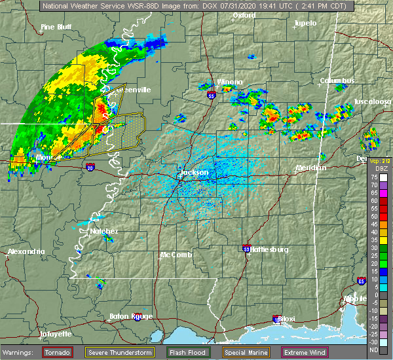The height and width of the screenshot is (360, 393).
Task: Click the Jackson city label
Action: [194, 173]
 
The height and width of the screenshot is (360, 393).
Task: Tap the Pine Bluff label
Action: [56, 27]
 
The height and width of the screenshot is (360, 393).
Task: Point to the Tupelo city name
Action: [305, 23]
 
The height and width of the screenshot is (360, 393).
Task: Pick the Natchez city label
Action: [104, 231]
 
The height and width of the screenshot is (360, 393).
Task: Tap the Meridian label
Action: [310, 168]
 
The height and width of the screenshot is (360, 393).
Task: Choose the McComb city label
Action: [176, 255]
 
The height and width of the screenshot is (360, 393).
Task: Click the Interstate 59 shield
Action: [246, 249]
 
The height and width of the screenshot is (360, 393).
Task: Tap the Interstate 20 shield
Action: [89, 168]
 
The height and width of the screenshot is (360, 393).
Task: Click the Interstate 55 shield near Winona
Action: [211, 96]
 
